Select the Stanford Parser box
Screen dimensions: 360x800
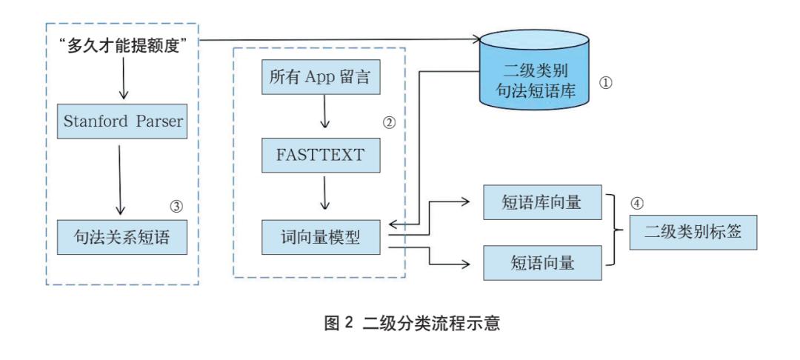click(123, 122)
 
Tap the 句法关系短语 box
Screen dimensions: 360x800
click(123, 238)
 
